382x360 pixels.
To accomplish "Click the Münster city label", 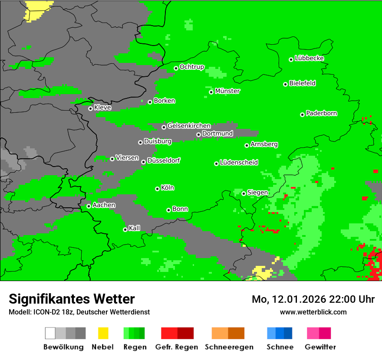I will [227, 91].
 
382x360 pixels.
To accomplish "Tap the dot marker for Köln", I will [157, 189].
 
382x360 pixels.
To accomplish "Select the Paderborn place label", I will [322, 113].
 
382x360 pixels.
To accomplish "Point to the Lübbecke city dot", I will [291, 59].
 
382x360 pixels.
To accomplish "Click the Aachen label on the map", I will [104, 205].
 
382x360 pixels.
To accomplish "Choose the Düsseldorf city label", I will [164, 160].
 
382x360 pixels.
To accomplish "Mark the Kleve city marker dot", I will [90, 108].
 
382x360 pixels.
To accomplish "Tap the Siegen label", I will [257, 193].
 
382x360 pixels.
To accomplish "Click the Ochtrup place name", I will [192, 67].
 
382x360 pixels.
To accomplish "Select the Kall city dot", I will [125, 229].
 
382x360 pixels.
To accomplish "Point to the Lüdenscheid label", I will [239, 163].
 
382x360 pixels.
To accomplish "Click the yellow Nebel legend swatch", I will [103, 333].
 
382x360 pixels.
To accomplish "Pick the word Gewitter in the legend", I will [320, 347].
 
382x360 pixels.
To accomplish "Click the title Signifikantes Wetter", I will [72, 299].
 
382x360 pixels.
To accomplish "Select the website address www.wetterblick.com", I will [313, 312].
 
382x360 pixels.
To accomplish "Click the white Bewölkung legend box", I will [50, 333].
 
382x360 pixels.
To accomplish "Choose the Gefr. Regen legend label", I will [177, 347].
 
